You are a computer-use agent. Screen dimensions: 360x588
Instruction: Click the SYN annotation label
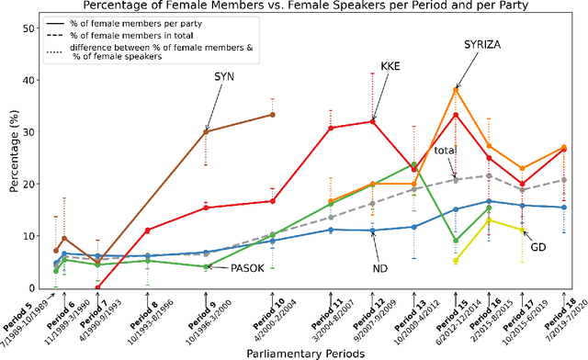coord(222,76)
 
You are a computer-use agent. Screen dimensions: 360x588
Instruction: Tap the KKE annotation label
coord(390,67)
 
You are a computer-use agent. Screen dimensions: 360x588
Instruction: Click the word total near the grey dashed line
coord(445,150)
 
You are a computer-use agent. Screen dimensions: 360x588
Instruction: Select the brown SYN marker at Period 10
coord(273,115)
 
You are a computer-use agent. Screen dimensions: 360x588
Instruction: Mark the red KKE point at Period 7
coord(98,287)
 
